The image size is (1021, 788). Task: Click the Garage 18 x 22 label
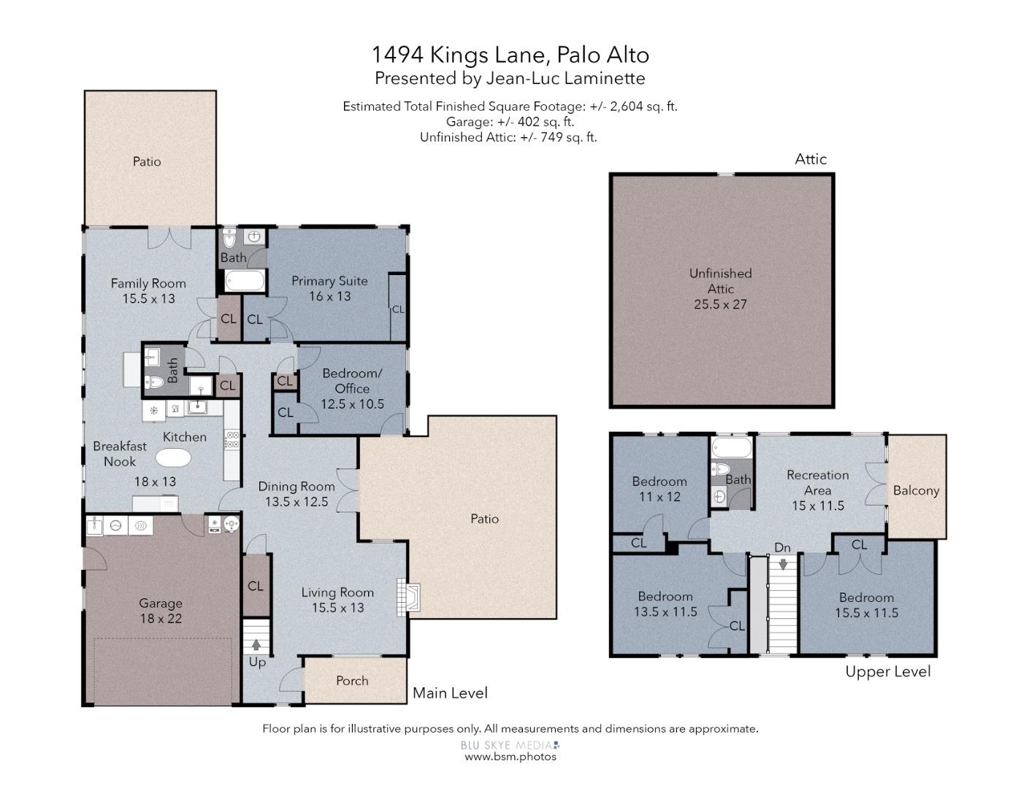click(160, 610)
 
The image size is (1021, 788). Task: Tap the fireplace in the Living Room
click(408, 597)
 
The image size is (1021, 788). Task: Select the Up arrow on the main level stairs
click(256, 645)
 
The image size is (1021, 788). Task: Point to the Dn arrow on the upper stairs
click(783, 564)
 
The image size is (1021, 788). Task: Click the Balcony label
click(916, 490)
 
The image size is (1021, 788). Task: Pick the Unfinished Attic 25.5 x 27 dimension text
click(720, 304)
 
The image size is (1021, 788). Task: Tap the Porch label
click(352, 681)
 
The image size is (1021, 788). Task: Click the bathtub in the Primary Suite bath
click(245, 281)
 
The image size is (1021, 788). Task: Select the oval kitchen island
click(173, 457)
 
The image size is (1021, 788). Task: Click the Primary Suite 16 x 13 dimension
click(330, 296)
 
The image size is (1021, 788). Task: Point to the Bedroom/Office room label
click(352, 381)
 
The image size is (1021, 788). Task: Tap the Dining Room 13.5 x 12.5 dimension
click(297, 502)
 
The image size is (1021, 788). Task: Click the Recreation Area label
click(817, 482)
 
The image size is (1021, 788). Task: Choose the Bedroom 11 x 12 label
click(659, 489)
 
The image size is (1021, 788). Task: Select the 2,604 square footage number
click(627, 106)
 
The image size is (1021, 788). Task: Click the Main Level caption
click(450, 692)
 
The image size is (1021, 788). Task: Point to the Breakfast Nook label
click(119, 454)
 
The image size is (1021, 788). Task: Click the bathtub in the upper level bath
click(732, 447)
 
